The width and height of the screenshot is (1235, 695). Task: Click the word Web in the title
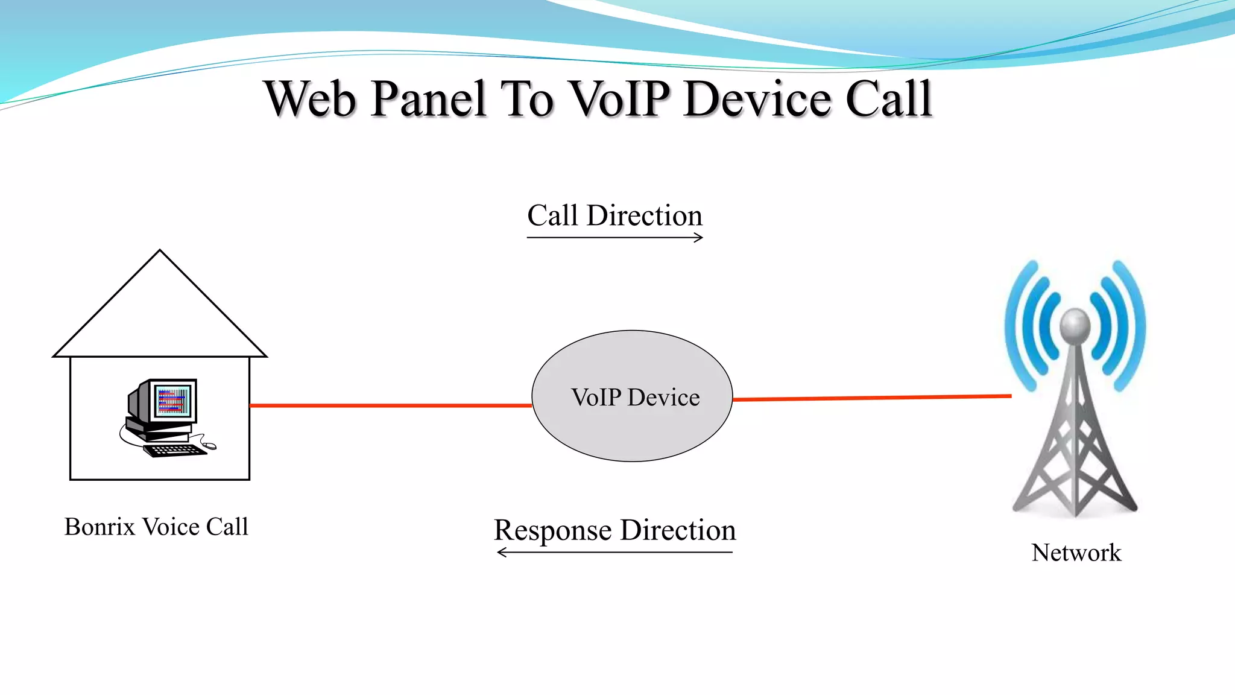tap(310, 100)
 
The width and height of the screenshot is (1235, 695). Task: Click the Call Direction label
tap(614, 216)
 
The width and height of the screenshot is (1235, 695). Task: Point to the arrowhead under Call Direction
tap(699, 238)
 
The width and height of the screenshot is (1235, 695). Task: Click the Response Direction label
tap(614, 530)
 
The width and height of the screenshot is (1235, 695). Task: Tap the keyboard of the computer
tap(175, 450)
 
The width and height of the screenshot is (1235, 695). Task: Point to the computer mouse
tap(209, 446)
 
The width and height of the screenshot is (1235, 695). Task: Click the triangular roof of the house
tap(160, 314)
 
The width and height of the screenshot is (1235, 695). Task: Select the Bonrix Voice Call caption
tap(156, 527)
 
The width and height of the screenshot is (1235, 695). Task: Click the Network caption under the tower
tap(1076, 553)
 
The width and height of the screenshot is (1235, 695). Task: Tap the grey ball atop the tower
tap(1075, 325)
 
